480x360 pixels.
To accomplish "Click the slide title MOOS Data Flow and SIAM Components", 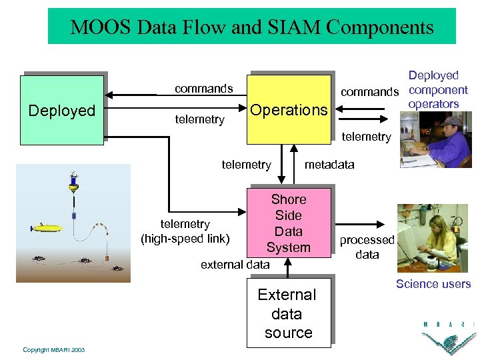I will [x=252, y=27].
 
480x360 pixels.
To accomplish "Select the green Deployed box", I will [x=62, y=110].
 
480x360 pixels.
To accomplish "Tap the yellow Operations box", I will [x=289, y=110].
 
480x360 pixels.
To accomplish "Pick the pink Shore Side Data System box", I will [x=289, y=223].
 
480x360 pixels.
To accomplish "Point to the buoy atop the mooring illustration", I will [x=72, y=181].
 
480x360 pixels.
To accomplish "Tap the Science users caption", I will [x=433, y=284].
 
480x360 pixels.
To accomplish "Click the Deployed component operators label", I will [x=437, y=90].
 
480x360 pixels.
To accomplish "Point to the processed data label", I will [x=367, y=247].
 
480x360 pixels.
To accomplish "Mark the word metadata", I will [x=330, y=165].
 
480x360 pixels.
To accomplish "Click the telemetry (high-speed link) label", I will [x=185, y=231].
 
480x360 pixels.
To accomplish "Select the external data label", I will [x=235, y=265].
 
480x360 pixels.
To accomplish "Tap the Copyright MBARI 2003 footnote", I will [x=53, y=349].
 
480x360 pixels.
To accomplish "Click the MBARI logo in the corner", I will [x=448, y=337].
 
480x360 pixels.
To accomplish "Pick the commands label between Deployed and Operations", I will [x=203, y=89].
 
